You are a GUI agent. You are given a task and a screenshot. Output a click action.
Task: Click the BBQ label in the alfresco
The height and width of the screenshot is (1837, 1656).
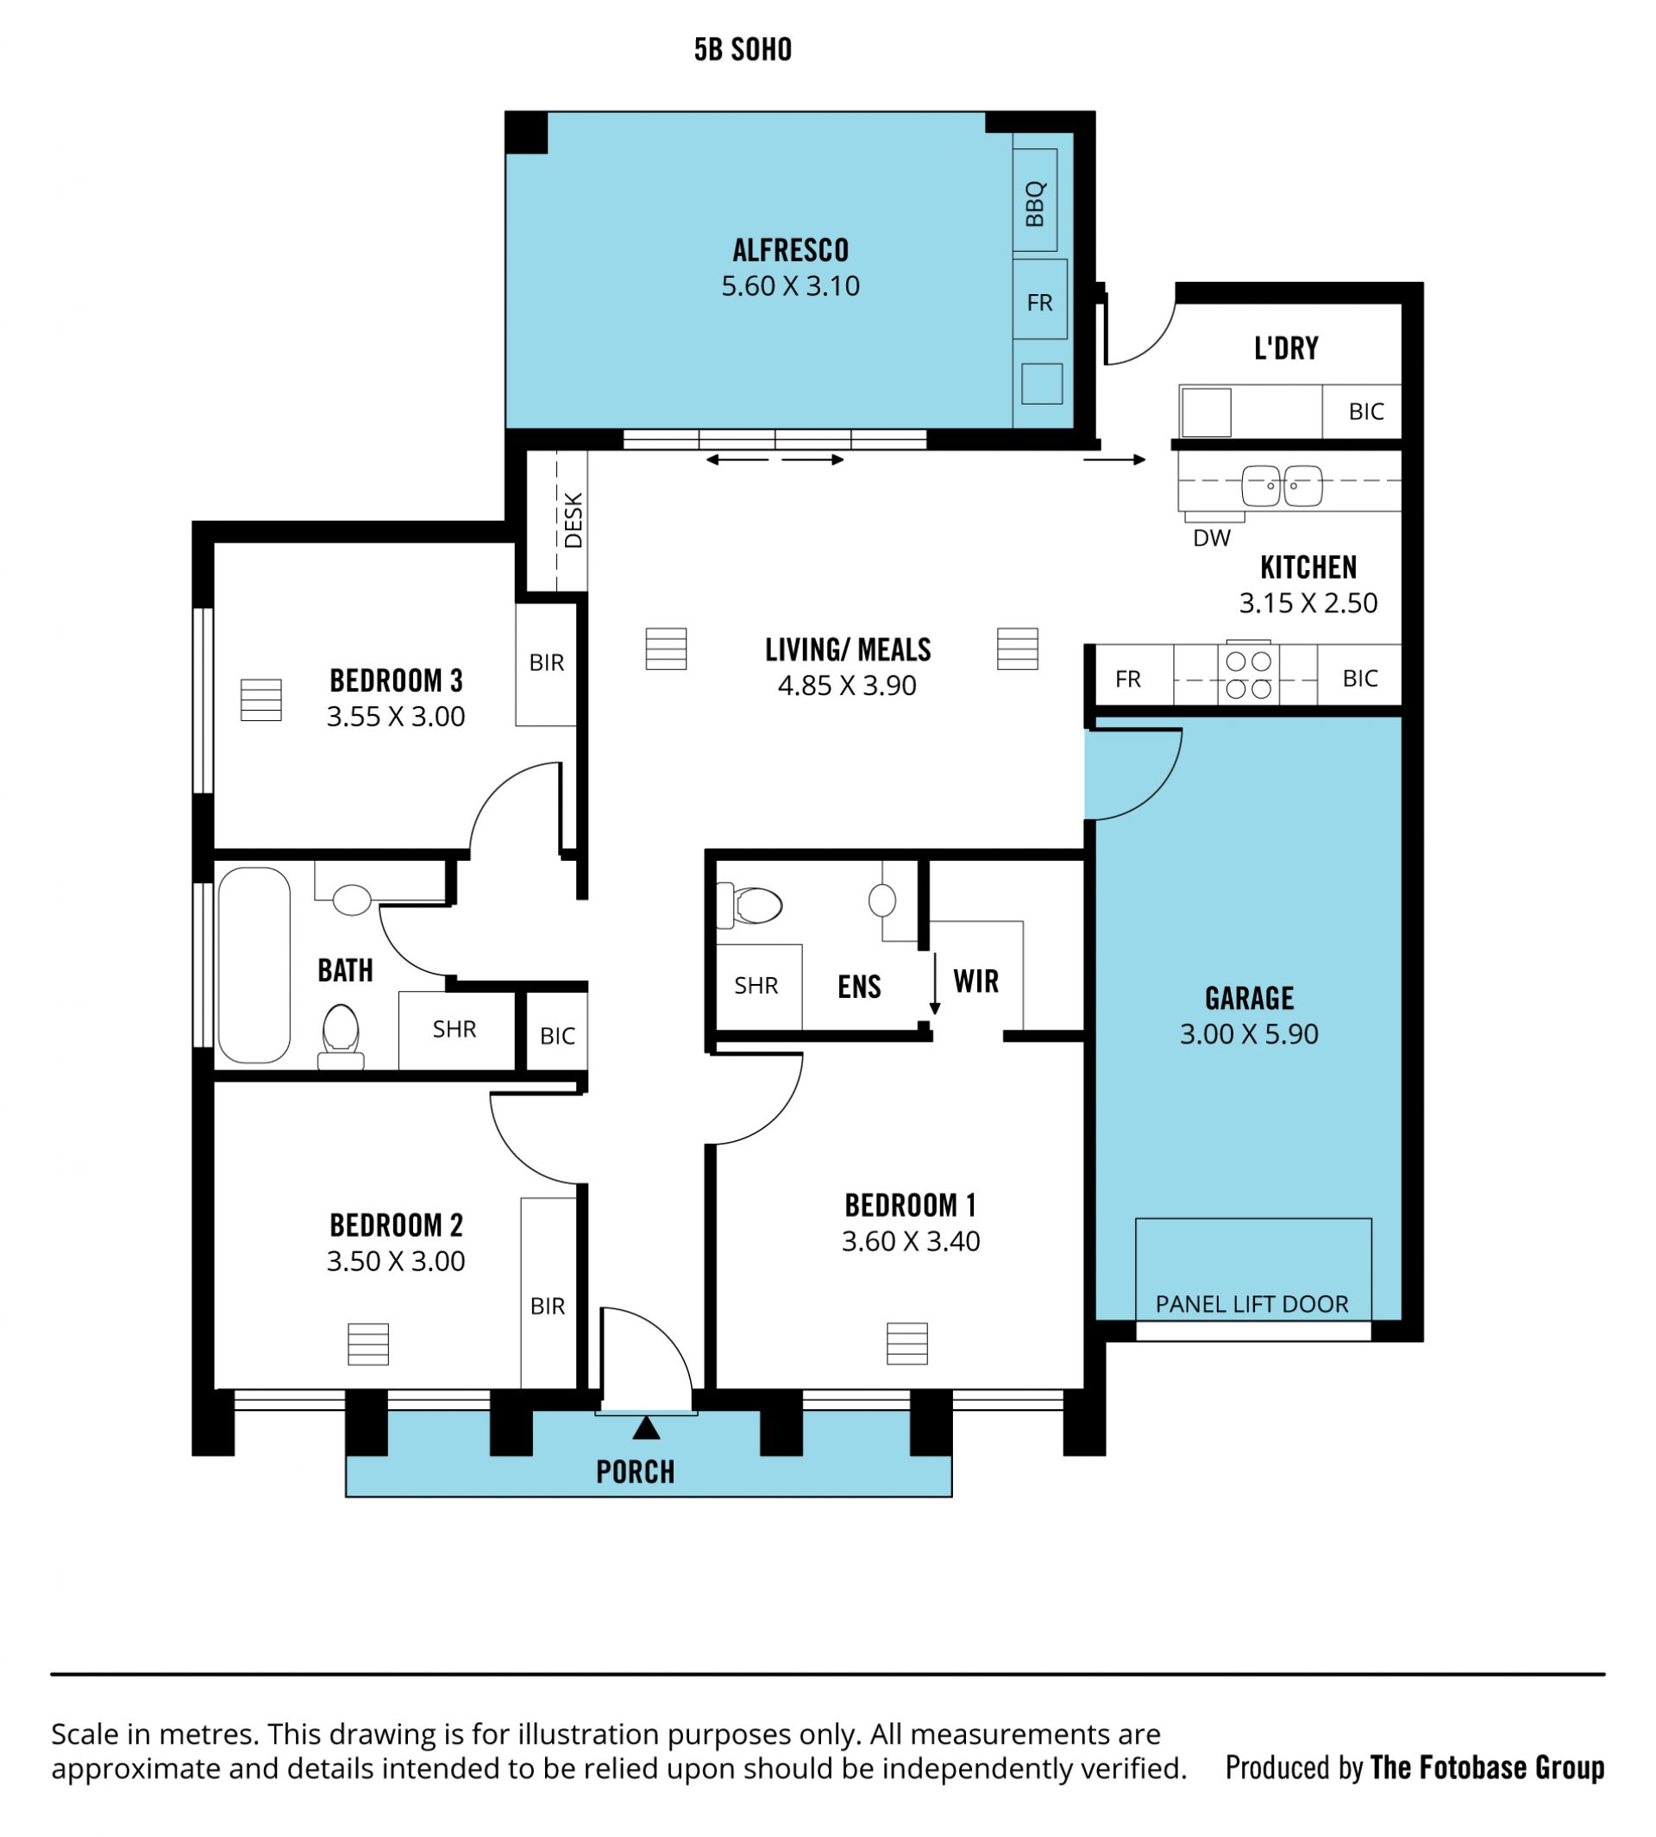point(1036,203)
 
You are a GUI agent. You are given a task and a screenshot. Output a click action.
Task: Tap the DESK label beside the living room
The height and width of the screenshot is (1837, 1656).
point(574,520)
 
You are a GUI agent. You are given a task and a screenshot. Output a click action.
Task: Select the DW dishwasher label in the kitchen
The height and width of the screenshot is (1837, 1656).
point(1211,537)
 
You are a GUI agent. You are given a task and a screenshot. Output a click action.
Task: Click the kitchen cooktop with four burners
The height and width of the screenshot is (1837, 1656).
point(1248,675)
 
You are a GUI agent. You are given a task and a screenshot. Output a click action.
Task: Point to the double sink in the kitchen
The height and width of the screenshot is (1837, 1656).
point(1282,485)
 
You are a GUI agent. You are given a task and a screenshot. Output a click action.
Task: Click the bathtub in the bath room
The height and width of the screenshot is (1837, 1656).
point(254,964)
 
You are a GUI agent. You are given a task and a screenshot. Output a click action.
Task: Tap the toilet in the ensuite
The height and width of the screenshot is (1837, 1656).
point(750,906)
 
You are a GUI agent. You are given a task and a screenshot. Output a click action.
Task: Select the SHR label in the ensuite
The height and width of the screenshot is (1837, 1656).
point(756,986)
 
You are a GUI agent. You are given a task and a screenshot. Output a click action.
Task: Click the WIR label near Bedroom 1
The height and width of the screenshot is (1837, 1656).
point(976,981)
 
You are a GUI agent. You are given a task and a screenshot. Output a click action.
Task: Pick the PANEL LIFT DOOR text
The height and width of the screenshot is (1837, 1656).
point(1252,1304)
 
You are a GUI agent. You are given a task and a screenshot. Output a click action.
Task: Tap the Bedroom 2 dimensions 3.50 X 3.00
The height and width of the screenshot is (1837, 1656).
point(396,1261)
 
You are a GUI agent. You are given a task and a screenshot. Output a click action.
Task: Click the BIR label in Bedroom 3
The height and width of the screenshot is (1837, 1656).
point(547,662)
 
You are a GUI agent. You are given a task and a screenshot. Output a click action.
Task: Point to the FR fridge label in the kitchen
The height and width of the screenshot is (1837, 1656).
point(1128,679)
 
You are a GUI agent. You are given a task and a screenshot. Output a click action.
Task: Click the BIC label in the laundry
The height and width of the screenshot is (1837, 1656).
point(1365,411)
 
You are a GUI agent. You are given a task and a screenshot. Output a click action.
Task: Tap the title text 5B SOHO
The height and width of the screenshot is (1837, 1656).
point(743,49)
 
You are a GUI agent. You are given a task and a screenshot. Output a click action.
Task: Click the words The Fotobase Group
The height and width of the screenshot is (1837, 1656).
point(1488,1768)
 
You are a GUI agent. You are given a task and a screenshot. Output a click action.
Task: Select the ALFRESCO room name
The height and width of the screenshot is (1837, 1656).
point(791,250)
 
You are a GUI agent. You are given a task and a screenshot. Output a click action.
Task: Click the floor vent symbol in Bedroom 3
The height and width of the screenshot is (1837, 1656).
point(261,699)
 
